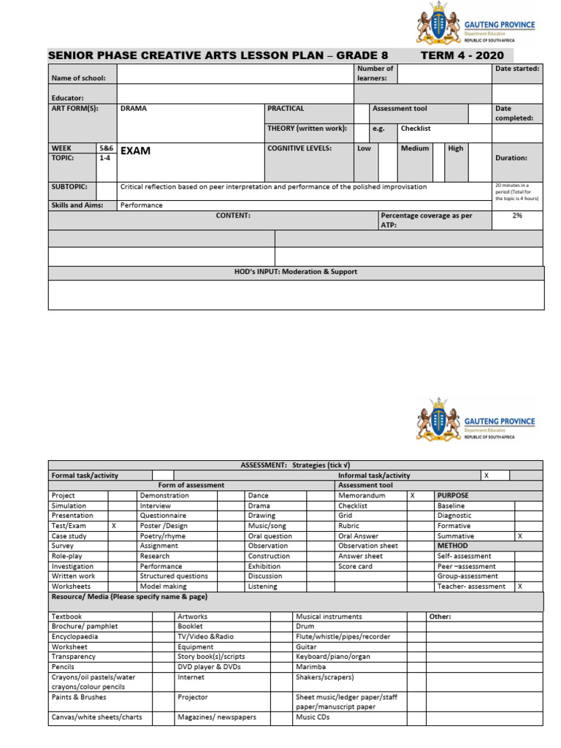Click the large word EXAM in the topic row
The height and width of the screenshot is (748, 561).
pyautogui.click(x=135, y=151)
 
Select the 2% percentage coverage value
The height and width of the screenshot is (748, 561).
pyautogui.click(x=517, y=216)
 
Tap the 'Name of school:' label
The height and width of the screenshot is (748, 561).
pyautogui.click(x=78, y=78)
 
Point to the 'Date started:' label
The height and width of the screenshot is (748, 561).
pyautogui.click(x=517, y=69)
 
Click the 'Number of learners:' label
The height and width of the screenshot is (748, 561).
pyautogui.click(x=375, y=73)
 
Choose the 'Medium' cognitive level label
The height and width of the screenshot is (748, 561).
pyautogui.click(x=415, y=148)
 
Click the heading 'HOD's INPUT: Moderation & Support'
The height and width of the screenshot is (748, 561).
pyautogui.click(x=296, y=272)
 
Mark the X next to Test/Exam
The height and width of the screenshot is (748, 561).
pyautogui.click(x=113, y=526)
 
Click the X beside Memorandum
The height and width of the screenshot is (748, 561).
pyautogui.click(x=412, y=495)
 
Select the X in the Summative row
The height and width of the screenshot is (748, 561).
pyautogui.click(x=519, y=536)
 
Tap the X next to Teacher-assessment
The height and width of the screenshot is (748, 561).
pyautogui.click(x=519, y=587)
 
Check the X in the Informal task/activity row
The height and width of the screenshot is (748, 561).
pyautogui.click(x=486, y=476)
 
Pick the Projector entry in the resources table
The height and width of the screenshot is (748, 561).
pyautogui.click(x=193, y=698)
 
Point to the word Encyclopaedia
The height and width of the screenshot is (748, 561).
pyautogui.click(x=75, y=637)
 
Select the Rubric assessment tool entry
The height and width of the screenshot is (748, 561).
pyautogui.click(x=349, y=526)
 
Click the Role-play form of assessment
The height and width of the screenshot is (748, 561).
pyautogui.click(x=66, y=556)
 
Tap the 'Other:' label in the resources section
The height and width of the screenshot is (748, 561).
pyautogui.click(x=440, y=617)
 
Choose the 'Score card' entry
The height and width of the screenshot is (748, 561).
pyautogui.click(x=355, y=566)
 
